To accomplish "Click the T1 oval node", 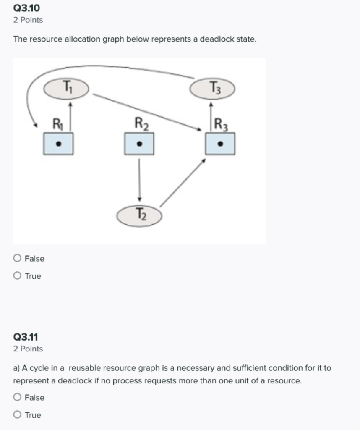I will click(x=67, y=88).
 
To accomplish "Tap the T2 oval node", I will click(x=139, y=215).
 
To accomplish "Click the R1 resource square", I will click(x=58, y=144).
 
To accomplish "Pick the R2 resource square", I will click(x=139, y=144).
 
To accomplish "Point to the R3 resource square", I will click(x=220, y=144).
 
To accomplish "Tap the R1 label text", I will click(x=57, y=123).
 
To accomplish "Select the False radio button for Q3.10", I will click(x=17, y=258).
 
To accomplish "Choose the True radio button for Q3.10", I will click(x=17, y=276).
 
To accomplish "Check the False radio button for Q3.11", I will click(x=17, y=397).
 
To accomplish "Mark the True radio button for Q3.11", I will click(x=17, y=415).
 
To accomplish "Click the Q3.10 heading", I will click(x=27, y=8).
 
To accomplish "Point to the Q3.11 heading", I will click(x=26, y=337).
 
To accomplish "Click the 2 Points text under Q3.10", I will click(x=28, y=20).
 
